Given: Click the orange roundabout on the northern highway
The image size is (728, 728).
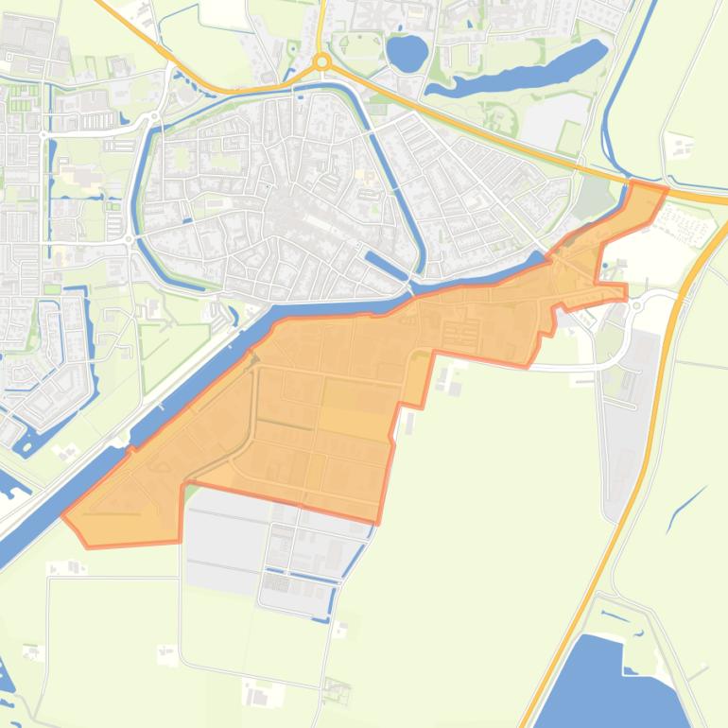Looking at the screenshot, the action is [x=322, y=61].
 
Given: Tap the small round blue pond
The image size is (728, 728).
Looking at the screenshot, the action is [x=407, y=53].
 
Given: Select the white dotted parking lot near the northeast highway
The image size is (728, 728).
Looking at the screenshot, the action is [x=688, y=223].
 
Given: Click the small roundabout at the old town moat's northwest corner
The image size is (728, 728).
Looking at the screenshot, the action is [x=154, y=117].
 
